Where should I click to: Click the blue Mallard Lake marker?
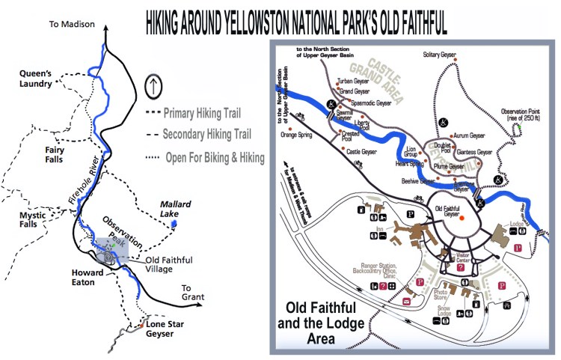click(x=174, y=222)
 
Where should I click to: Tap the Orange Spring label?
click(x=297, y=135)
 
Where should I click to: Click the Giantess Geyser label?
click(x=474, y=151)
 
